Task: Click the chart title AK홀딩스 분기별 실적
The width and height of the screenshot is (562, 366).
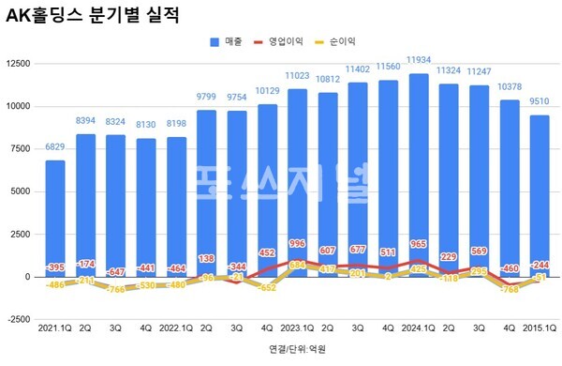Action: (93, 16)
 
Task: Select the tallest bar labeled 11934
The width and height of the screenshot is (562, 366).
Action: (419, 169)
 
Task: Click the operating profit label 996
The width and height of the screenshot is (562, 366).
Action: (298, 244)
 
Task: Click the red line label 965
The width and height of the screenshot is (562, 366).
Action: (419, 245)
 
